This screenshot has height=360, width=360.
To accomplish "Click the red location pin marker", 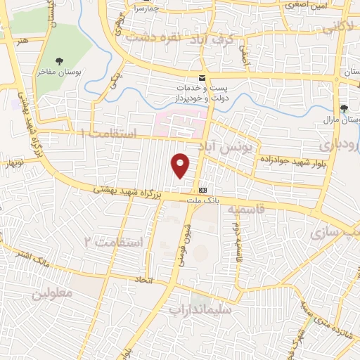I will [181, 165].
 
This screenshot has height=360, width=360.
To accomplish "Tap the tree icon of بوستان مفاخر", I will [60, 61].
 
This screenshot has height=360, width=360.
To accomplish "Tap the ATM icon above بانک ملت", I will [202, 189].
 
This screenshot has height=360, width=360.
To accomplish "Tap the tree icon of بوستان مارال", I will [344, 108].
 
